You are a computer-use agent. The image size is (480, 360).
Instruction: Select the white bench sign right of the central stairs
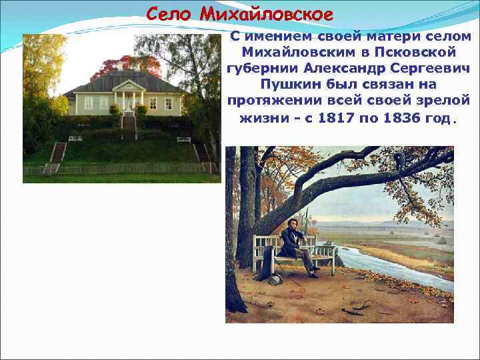pyautogui.click(x=183, y=139)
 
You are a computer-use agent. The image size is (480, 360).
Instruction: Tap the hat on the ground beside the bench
pyautogui.click(x=276, y=279)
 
